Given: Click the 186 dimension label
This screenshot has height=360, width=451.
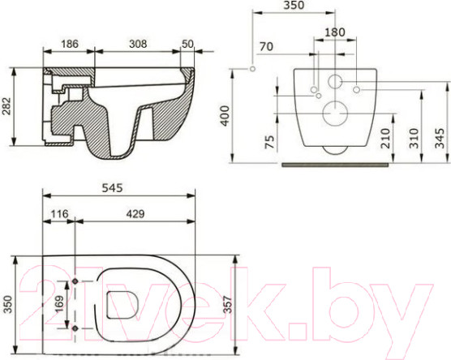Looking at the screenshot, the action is (70, 44).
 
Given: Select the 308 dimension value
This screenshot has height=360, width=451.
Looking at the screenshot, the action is (138, 44).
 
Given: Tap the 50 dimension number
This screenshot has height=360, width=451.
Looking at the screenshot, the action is (187, 44).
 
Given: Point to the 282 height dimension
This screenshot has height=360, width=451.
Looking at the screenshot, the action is (6, 106).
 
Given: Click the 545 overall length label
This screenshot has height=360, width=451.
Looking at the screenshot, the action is (112, 188).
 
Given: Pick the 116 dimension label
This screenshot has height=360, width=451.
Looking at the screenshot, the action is (59, 213).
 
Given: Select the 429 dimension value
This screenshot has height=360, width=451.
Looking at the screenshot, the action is (135, 213).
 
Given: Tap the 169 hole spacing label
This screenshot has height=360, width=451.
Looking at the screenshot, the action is (58, 304).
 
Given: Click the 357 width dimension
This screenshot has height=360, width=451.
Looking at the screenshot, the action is (227, 304).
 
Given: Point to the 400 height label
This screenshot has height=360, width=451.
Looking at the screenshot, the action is (225, 116).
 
